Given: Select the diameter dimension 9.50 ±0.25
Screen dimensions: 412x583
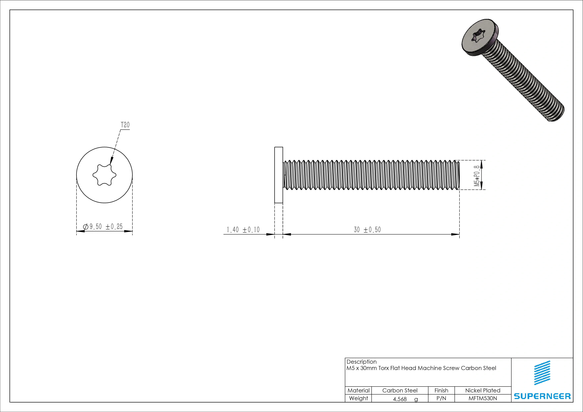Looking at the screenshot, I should pyautogui.click(x=106, y=227).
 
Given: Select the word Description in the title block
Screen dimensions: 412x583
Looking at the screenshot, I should pyautogui.click(x=361, y=362).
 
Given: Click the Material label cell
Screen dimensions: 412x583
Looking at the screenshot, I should pyautogui.click(x=358, y=390).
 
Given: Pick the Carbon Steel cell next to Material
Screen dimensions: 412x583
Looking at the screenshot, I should pyautogui.click(x=400, y=390).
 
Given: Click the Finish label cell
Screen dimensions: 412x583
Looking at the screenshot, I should pyautogui.click(x=441, y=390).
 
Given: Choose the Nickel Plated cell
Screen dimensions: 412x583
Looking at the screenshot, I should pyautogui.click(x=482, y=390).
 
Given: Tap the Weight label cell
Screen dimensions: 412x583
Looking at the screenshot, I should pyautogui.click(x=358, y=398).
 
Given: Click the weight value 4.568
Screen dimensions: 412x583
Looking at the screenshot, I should pyautogui.click(x=400, y=399).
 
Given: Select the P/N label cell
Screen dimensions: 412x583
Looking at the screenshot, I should pyautogui.click(x=441, y=398).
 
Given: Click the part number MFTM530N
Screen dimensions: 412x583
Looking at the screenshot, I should pyautogui.click(x=482, y=398).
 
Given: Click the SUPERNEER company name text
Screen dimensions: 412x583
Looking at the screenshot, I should pyautogui.click(x=542, y=396).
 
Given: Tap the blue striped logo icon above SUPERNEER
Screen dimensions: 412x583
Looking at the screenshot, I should pyautogui.click(x=542, y=373).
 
